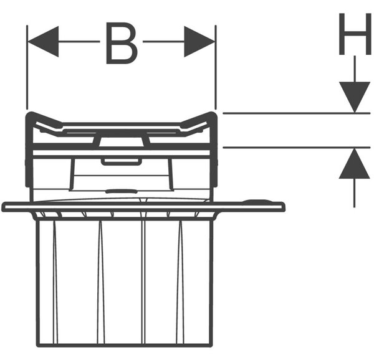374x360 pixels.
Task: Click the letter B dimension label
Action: pos(122,44)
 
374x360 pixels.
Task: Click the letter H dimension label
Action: pos(355,34)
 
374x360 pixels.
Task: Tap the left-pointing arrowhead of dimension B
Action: pos(43,42)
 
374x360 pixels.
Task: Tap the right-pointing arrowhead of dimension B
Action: pos(199,42)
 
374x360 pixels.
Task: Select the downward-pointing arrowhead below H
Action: pos(355,97)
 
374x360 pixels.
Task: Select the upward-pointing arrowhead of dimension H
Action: pos(355,163)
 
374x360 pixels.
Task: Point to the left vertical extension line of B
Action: pos(27,67)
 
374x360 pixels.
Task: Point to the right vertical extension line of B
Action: pos(216,67)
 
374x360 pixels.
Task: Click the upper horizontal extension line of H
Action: pos(297,113)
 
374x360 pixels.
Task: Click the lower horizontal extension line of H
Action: pos(297,148)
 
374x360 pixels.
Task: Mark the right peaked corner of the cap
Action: pos(213,114)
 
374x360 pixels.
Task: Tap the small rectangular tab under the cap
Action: pos(122,161)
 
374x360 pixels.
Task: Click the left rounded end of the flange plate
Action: pos(4,207)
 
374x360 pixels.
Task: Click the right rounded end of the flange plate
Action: pos(283,207)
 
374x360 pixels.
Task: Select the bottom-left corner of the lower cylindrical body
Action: pos(37,345)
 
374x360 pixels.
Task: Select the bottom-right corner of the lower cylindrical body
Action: pos(211,345)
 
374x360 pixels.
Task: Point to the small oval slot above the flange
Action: pos(122,191)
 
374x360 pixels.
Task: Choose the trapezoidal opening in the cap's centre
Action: pos(122,141)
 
